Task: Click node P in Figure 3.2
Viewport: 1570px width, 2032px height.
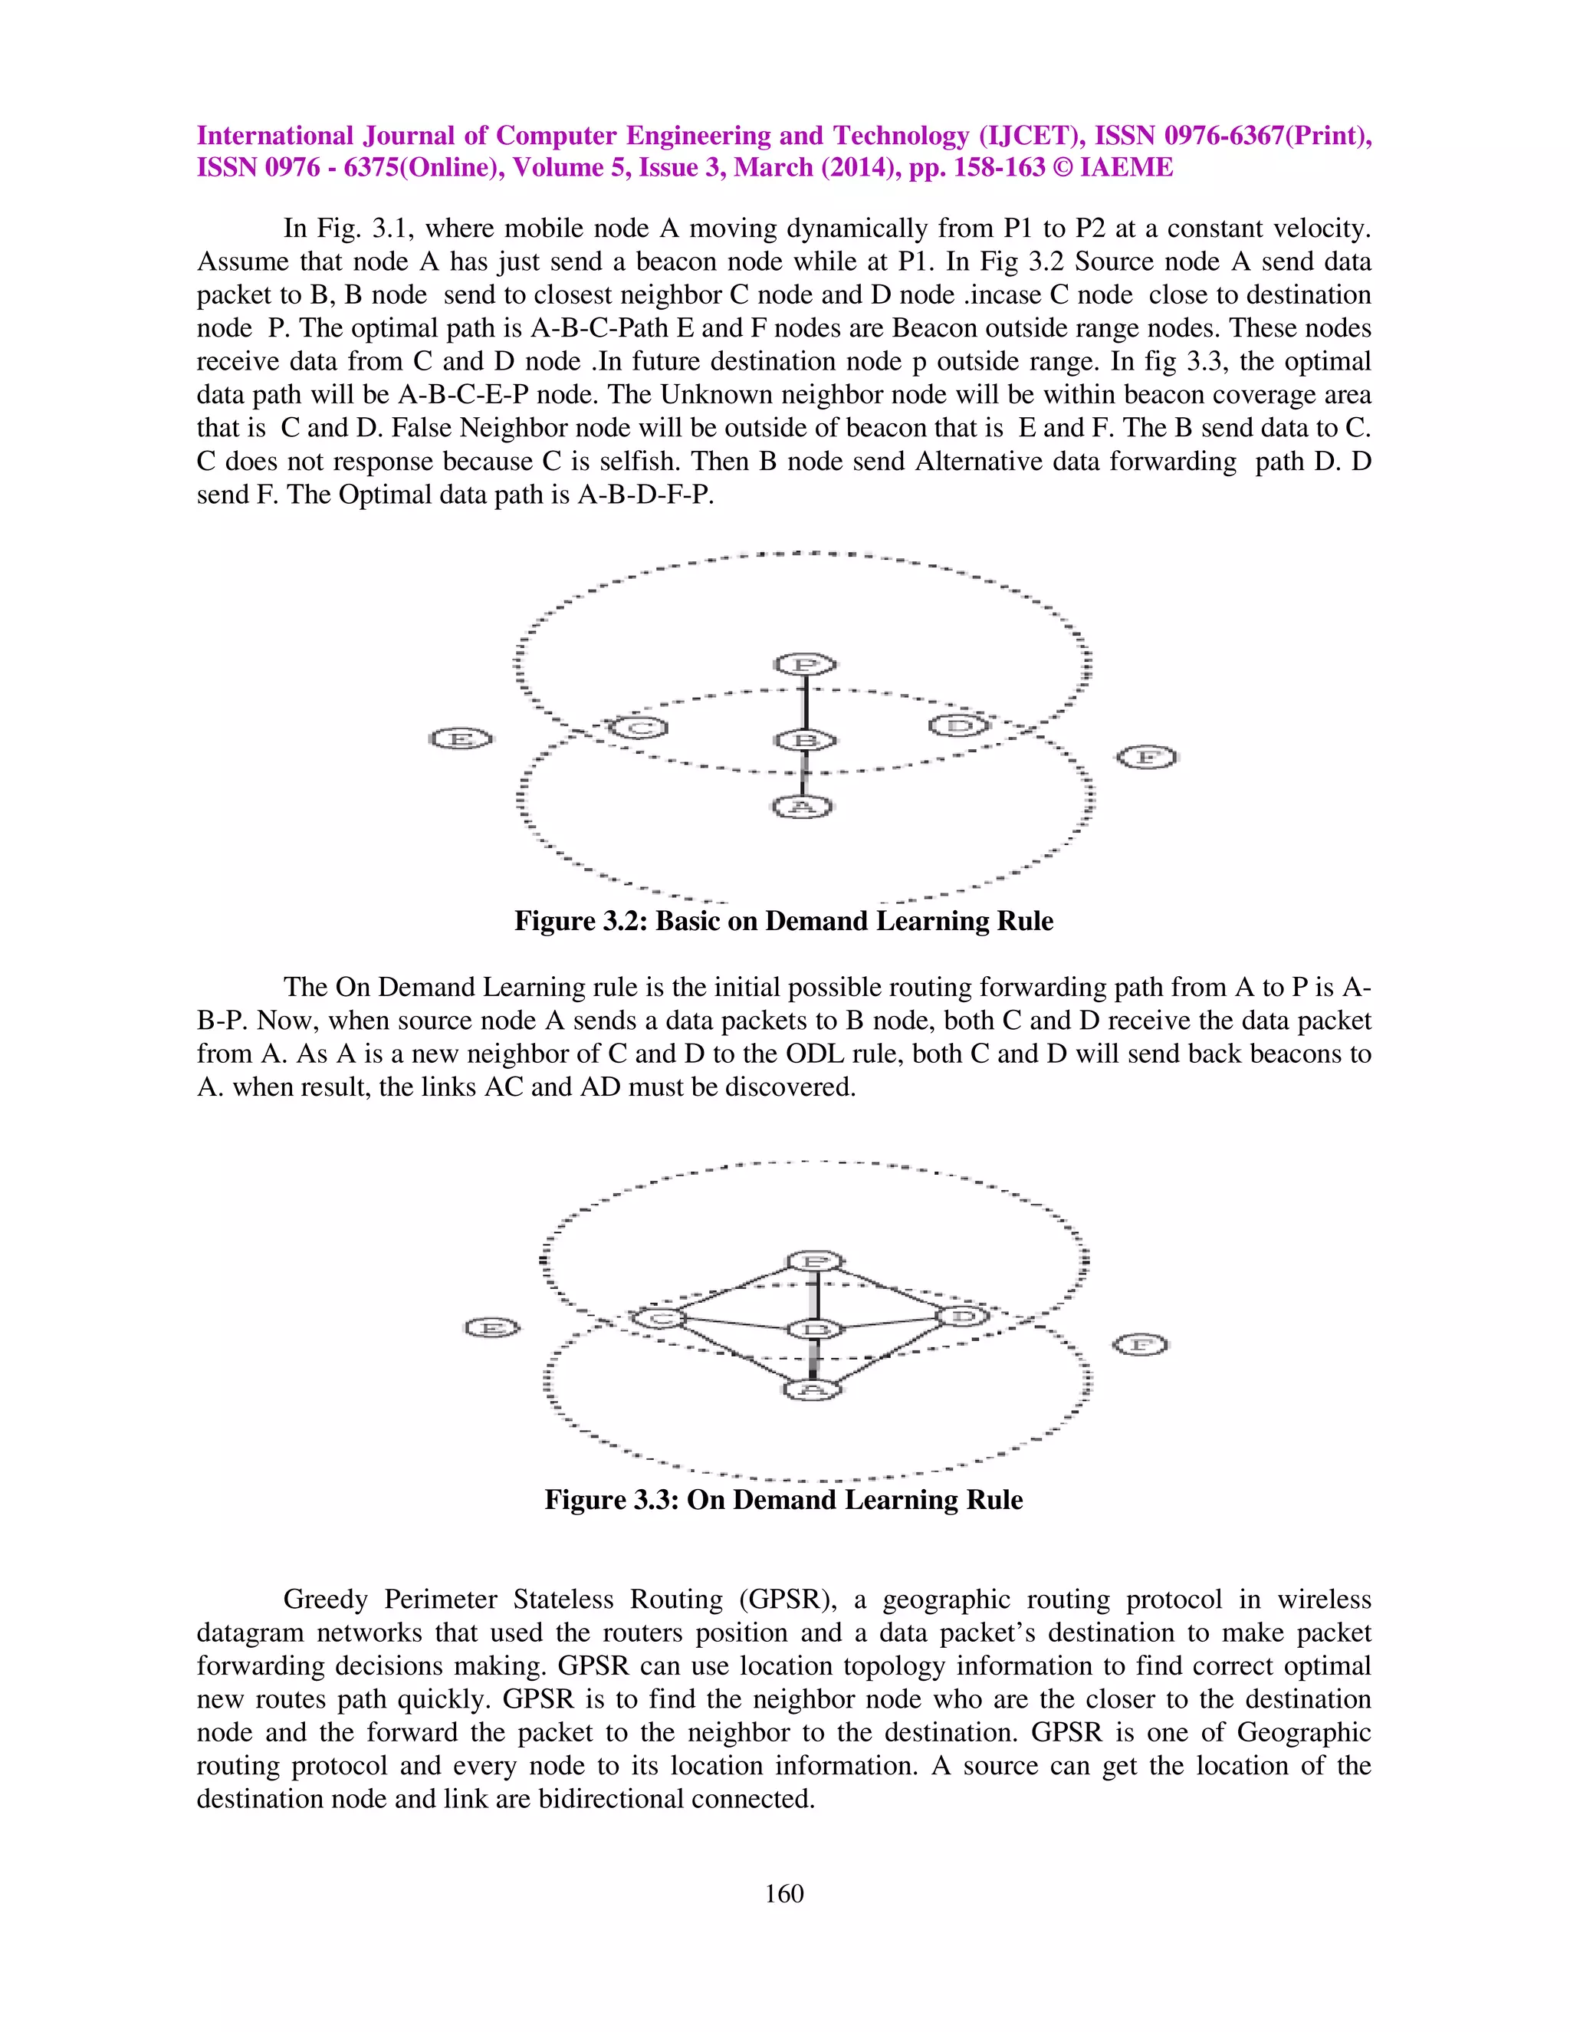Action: [x=806, y=664]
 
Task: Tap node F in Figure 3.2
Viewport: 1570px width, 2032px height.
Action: [x=1148, y=758]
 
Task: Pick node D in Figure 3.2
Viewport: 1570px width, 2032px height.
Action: [x=959, y=725]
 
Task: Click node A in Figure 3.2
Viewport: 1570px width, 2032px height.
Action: [x=803, y=806]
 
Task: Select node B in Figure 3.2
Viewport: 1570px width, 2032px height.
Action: [x=806, y=741]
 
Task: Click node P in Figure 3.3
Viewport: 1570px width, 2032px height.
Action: [x=816, y=1261]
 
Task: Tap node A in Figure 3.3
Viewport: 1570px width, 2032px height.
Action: [x=812, y=1389]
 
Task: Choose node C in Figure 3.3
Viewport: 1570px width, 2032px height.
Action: [x=659, y=1317]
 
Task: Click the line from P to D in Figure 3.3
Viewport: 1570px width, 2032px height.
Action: [x=891, y=1290]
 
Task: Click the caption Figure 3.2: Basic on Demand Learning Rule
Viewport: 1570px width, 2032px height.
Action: [x=783, y=921]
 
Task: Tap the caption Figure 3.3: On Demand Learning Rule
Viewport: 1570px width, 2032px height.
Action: [x=783, y=1499]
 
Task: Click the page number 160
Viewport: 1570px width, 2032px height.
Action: [x=783, y=1893]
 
